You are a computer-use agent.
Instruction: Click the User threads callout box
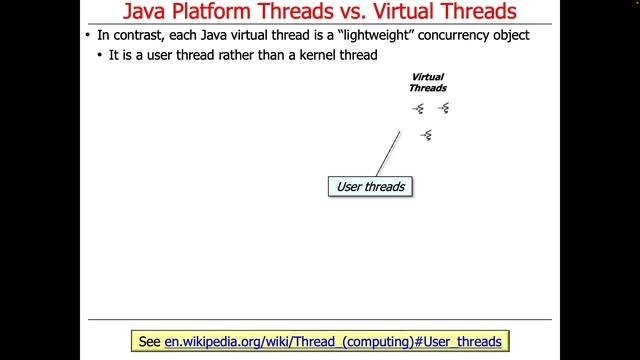370,186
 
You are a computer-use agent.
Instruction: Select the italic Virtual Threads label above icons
428,82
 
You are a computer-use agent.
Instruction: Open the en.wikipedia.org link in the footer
332,341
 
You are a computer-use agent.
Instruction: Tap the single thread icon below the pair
426,134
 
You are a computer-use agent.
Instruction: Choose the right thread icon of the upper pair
443,108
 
